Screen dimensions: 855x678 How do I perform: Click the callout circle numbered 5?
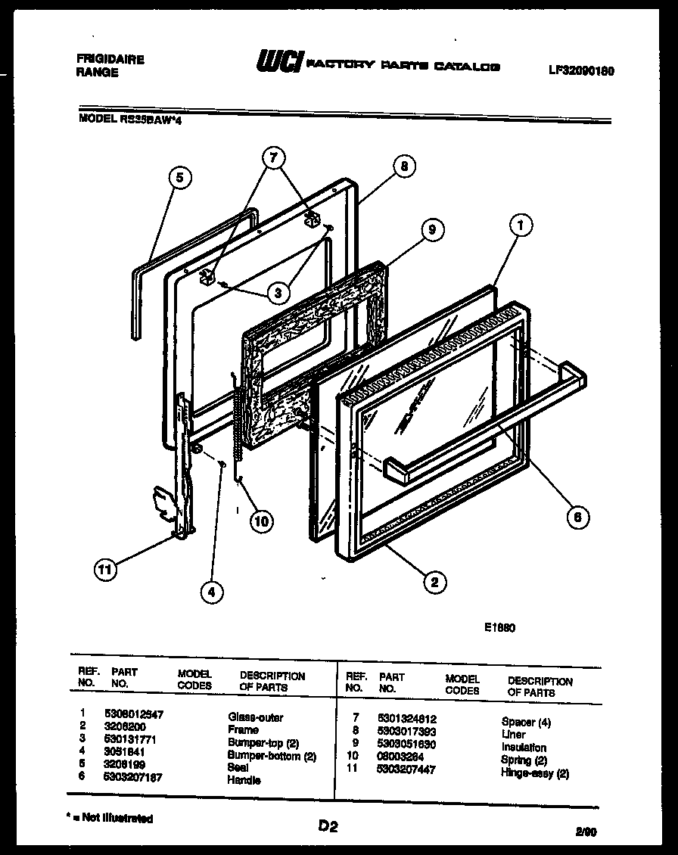pyautogui.click(x=179, y=179)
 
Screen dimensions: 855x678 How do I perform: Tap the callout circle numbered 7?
pyautogui.click(x=274, y=159)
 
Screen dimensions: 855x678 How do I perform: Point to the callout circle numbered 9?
pyautogui.click(x=431, y=230)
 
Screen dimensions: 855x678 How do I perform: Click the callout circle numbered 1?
pyautogui.click(x=521, y=225)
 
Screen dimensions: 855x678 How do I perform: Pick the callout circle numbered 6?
pyautogui.click(x=577, y=517)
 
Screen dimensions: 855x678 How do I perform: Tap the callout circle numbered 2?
pyautogui.click(x=434, y=582)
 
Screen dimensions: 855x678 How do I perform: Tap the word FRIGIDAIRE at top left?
pyautogui.click(x=110, y=60)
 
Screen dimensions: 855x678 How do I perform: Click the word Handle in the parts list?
pyautogui.click(x=244, y=779)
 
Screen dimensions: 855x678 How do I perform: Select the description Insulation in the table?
pyautogui.click(x=524, y=747)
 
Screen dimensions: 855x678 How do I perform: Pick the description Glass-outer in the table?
pyautogui.click(x=255, y=717)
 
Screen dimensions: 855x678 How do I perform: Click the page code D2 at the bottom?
pyautogui.click(x=327, y=827)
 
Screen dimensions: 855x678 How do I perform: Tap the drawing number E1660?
pyautogui.click(x=500, y=627)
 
